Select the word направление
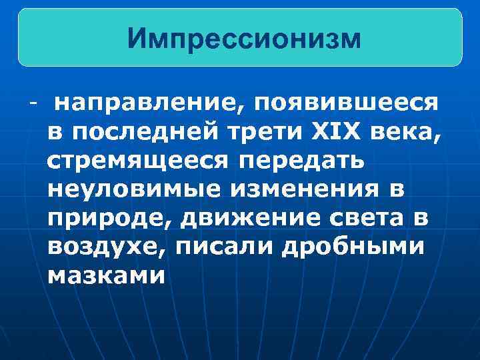click(148, 103)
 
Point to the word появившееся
click(345, 103)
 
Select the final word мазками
click(106, 275)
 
